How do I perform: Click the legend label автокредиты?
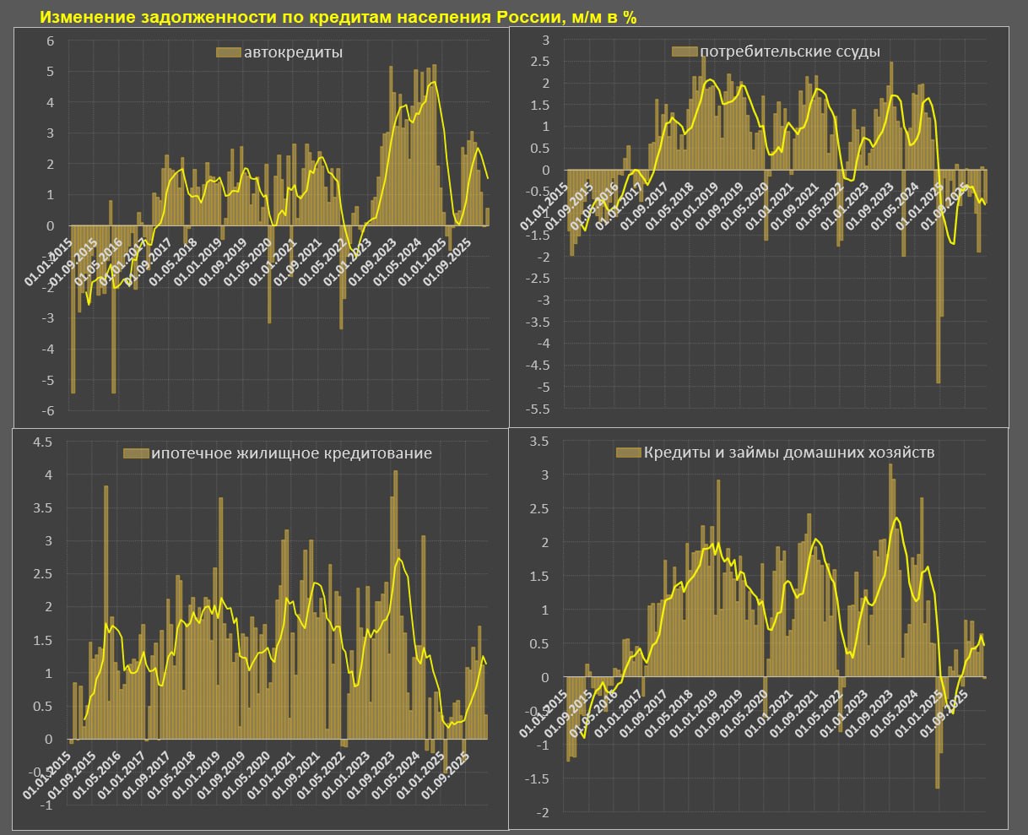(293, 52)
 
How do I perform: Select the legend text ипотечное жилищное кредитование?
(291, 453)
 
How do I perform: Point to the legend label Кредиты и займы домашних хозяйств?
(788, 453)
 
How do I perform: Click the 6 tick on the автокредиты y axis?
(50, 41)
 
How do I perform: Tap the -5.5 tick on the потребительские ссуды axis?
(537, 409)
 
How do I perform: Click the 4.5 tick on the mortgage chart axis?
(41, 442)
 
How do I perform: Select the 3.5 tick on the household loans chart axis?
(538, 442)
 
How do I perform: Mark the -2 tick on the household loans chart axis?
(543, 812)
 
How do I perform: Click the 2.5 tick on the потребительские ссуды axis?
(538, 62)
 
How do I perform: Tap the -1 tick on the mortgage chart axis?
(46, 805)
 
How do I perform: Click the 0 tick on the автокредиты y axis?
(50, 225)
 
